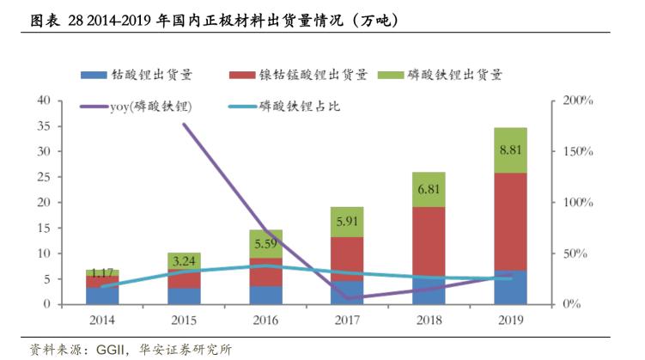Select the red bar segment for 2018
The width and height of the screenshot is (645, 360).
point(429,241)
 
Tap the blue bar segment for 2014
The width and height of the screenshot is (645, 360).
point(102,296)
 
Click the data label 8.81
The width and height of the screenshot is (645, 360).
point(510,149)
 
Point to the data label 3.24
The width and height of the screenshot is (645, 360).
point(184,260)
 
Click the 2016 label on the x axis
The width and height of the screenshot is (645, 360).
point(265,320)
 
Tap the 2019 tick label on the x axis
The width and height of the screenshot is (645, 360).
point(510,320)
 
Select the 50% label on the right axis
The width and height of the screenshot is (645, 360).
point(576,254)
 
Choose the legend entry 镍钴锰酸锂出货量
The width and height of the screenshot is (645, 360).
point(301,75)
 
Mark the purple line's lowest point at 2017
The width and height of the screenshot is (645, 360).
point(347,298)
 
